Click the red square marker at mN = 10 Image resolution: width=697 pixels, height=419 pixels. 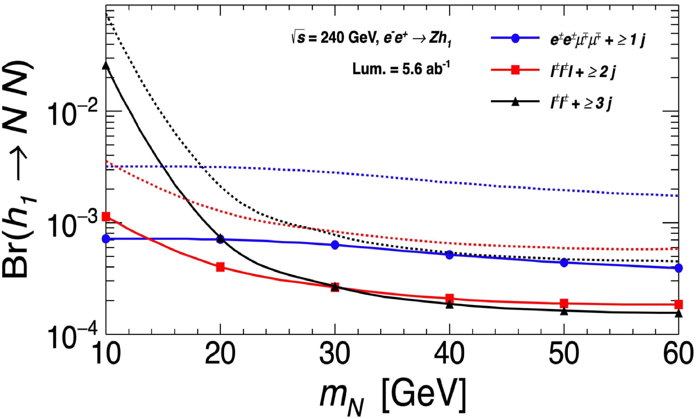coord(106,217)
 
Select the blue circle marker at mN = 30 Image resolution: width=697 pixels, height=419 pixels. coord(335,245)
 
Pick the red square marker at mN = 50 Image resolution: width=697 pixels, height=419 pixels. coord(564,303)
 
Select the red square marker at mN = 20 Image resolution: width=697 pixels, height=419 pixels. coord(220,267)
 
